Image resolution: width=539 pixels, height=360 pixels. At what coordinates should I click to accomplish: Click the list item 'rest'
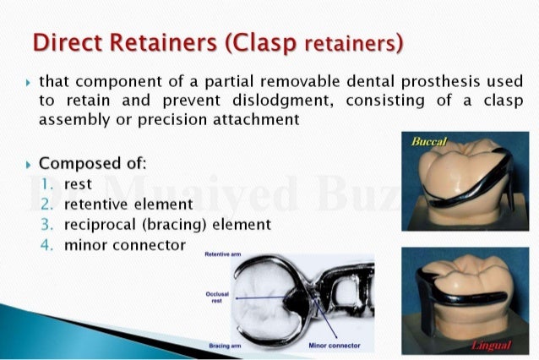pyautogui.click(x=78, y=183)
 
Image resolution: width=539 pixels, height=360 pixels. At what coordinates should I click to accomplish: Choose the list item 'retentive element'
pyautogui.click(x=128, y=204)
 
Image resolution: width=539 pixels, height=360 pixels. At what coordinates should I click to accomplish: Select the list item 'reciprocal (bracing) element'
pyautogui.click(x=167, y=224)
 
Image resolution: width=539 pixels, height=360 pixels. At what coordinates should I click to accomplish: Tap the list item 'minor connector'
pyautogui.click(x=124, y=245)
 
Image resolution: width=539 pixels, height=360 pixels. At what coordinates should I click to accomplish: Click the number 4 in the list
pyautogui.click(x=46, y=245)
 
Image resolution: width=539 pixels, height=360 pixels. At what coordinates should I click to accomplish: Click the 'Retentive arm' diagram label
pyautogui.click(x=224, y=253)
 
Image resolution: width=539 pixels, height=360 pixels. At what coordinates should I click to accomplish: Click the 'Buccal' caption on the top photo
pyautogui.click(x=429, y=140)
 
